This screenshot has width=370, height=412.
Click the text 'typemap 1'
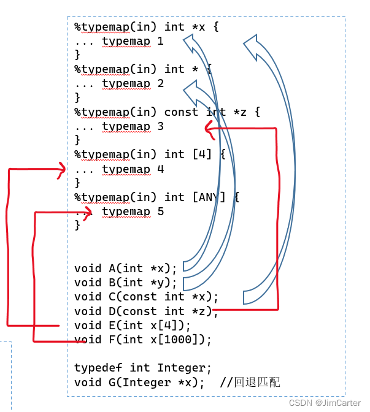[133, 41]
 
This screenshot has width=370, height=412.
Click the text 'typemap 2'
[133, 83]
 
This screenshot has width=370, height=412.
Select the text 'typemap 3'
[133, 126]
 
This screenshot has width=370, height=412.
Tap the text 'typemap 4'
[133, 169]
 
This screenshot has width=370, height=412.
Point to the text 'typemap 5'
[133, 212]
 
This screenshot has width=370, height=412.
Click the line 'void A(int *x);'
[125, 268]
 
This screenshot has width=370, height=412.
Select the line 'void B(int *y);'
[125, 283]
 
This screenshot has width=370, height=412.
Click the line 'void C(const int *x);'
[146, 297]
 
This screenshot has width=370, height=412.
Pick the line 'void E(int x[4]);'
[132, 326]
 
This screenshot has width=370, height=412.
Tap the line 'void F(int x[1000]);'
[142, 340]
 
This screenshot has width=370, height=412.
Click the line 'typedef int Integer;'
[142, 368]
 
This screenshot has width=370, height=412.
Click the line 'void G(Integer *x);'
[139, 383]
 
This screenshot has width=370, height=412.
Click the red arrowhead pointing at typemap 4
[61, 170]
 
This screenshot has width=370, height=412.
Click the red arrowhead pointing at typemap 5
[88, 213]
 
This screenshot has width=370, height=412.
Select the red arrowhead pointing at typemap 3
[209, 129]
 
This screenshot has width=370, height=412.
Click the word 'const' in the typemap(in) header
[181, 112]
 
